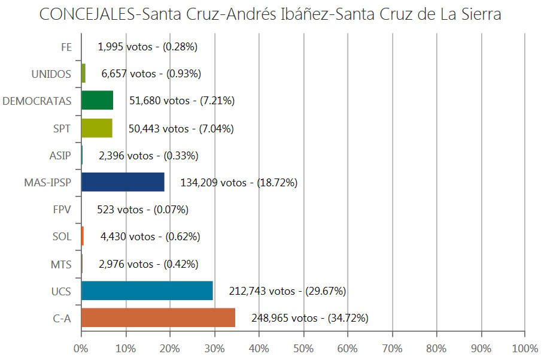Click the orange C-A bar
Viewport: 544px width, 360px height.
coord(158,317)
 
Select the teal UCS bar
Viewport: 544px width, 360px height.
coord(147,291)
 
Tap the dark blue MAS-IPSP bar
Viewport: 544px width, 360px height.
coord(123,182)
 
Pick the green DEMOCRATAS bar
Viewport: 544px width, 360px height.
coord(97,101)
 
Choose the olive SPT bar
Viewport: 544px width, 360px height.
coord(96,128)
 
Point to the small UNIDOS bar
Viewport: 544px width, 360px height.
coord(83,74)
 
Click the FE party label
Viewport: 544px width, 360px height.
coord(66,47)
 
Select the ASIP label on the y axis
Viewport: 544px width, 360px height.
coord(60,156)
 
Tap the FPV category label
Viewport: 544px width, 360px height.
coord(62,210)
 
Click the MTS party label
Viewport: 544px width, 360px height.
coord(61,264)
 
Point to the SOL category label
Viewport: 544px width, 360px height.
coord(62,237)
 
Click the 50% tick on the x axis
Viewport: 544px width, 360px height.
coord(303,348)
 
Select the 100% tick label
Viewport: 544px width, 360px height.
coord(524,348)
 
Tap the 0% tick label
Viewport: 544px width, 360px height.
coord(81,348)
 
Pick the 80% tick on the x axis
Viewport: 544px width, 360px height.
coord(436,348)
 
